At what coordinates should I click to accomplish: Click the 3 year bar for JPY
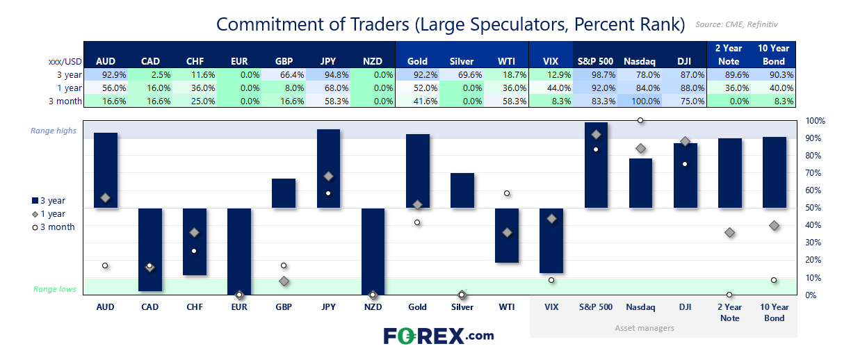(x=328, y=168)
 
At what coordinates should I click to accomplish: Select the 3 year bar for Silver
(x=462, y=190)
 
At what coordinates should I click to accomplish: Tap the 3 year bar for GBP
(x=284, y=193)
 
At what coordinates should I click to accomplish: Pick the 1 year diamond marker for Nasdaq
(x=640, y=148)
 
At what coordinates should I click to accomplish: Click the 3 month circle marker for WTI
(x=507, y=193)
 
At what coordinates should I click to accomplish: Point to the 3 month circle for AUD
(x=105, y=265)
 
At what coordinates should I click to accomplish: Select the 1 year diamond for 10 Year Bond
(x=774, y=225)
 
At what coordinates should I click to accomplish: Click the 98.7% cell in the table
(x=595, y=74)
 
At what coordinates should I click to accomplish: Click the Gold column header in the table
(x=417, y=61)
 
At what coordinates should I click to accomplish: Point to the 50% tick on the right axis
(x=814, y=208)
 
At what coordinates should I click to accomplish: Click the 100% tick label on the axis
(x=815, y=121)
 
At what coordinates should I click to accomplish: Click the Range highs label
(x=54, y=131)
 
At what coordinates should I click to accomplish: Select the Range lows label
(x=55, y=289)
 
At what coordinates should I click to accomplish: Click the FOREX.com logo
(x=439, y=336)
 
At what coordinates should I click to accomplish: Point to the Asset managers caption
(x=645, y=328)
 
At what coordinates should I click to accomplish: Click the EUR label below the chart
(x=239, y=306)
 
